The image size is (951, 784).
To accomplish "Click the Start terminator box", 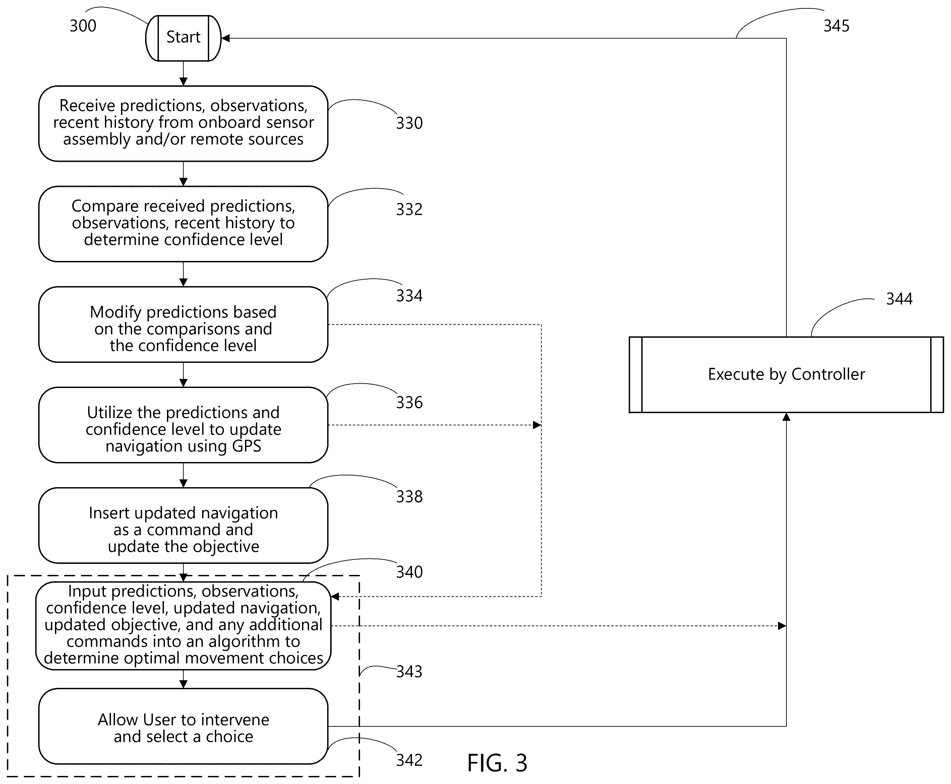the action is pos(183,38).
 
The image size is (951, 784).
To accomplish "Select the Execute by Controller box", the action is pos(786,374).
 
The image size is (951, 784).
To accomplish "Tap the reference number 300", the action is pos(83,26).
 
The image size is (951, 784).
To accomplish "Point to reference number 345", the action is pos(836,26).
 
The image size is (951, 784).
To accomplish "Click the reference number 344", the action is pos(899,299).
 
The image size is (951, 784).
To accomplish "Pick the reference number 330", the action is pos(409,123).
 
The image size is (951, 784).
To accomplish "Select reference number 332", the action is pos(409,209).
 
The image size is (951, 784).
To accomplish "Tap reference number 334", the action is pos(409,296).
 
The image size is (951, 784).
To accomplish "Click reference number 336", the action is pos(409,402).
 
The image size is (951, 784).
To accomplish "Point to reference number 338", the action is pos(409,497).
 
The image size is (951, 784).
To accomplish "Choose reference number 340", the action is pos(409,572).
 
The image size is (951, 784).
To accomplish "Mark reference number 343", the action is pos(409,671).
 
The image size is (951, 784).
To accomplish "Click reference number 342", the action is pos(409,761).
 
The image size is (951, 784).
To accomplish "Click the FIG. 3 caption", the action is pos(497,763).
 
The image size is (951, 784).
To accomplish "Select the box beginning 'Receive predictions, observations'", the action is pos(183,123).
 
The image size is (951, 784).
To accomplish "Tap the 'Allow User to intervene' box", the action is pos(183,726).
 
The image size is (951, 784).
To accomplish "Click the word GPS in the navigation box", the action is pos(246,446).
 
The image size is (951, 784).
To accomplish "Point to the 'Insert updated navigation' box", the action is pos(183,525).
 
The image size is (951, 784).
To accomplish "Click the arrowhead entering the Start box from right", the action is pos(225,39).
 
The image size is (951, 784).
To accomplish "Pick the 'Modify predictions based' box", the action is pos(183,324).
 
